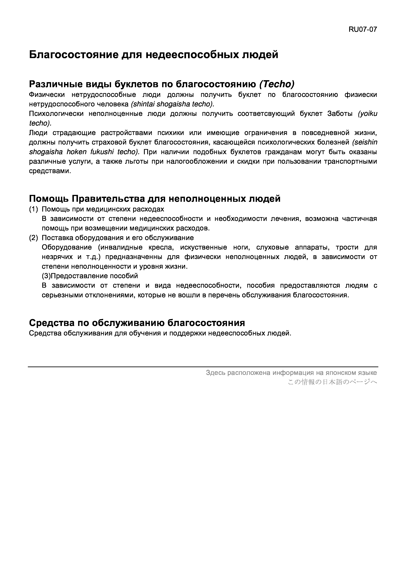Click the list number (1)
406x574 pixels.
click(x=34, y=209)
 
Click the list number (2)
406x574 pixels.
click(x=34, y=237)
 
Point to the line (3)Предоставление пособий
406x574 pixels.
click(x=90, y=276)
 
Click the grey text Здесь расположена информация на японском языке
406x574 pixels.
click(x=291, y=373)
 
